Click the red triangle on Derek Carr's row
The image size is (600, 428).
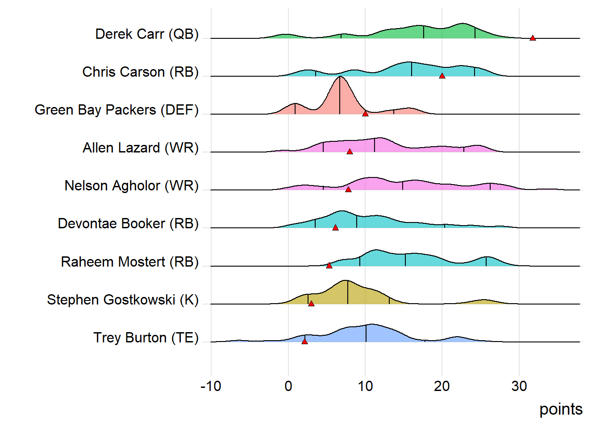[533, 38]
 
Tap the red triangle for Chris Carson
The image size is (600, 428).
[442, 76]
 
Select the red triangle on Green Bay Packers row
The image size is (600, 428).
[365, 114]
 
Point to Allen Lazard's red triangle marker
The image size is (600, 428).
[350, 152]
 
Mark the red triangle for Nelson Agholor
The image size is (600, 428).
[348, 190]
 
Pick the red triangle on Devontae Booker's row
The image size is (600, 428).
[335, 228]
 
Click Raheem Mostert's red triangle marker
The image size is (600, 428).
[329, 266]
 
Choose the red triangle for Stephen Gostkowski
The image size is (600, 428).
[311, 304]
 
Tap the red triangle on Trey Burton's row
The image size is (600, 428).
[304, 342]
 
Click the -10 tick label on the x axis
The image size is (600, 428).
[211, 386]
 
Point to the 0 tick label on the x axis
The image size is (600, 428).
[288, 386]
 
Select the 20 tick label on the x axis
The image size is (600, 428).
[442, 386]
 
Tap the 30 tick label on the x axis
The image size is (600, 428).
[519, 386]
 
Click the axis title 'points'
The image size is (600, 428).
[561, 409]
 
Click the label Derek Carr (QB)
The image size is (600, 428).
[147, 34]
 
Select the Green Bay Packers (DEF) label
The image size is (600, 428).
[117, 110]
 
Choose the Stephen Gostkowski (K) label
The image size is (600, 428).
[123, 300]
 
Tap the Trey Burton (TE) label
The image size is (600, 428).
[146, 337]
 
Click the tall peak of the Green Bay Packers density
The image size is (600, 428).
[340, 80]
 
